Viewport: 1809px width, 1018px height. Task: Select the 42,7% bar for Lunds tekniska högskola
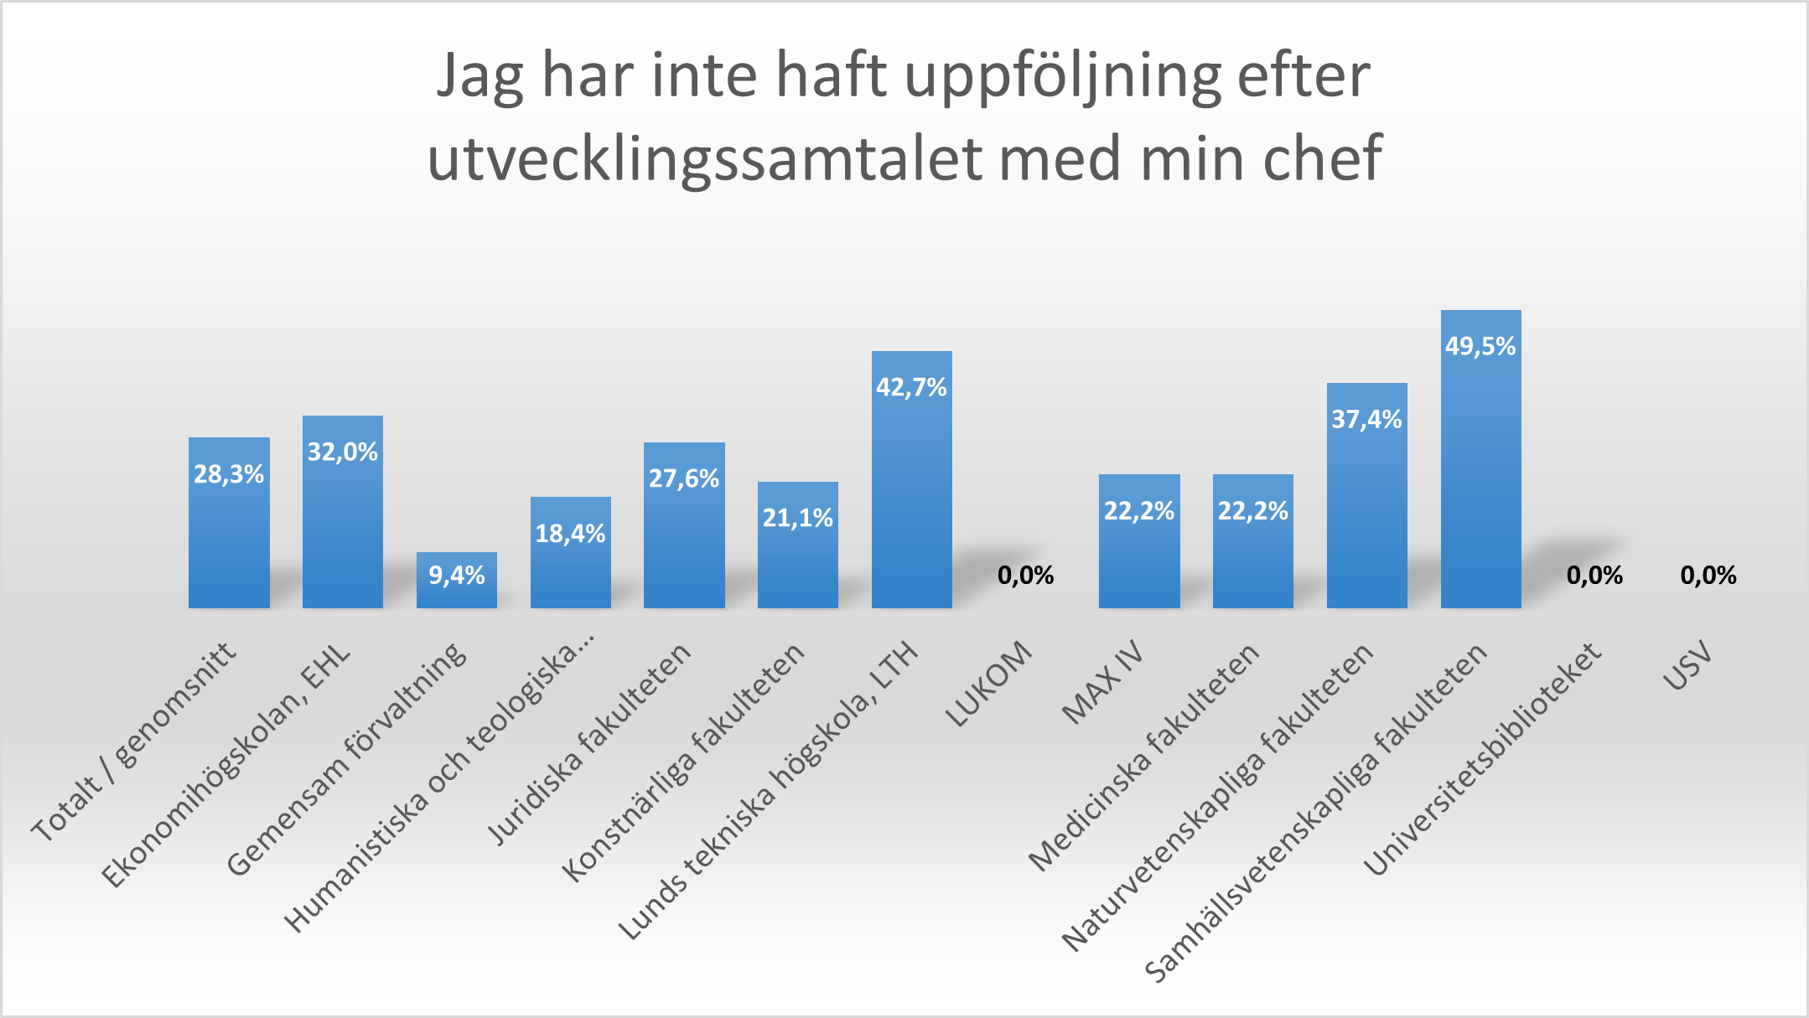911,494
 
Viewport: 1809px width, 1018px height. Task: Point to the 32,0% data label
342,452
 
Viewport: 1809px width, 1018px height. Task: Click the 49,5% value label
1480,347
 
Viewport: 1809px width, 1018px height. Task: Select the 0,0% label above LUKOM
1025,576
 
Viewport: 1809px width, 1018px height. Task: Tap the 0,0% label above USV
1708,576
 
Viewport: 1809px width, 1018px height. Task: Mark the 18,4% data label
570,534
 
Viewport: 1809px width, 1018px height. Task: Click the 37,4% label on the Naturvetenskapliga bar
1366,419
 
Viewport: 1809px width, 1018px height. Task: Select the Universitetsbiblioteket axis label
1483,759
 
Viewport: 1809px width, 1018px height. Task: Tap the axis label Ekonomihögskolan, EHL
226,767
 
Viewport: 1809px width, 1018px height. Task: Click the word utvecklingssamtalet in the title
704,158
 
